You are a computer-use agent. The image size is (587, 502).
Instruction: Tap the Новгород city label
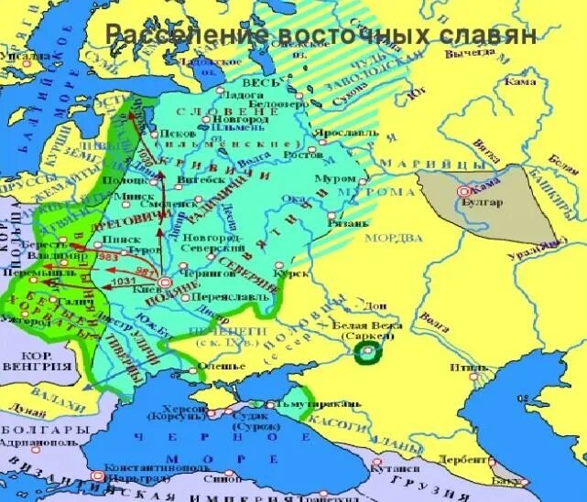point(240,119)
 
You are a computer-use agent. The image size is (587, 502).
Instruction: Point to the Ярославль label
point(342,133)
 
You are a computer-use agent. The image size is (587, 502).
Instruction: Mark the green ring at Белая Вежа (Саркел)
point(367,352)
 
